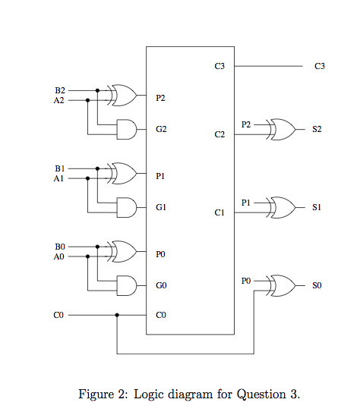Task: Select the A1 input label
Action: click(60, 179)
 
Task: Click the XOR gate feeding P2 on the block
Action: click(123, 95)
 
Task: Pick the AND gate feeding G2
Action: click(126, 130)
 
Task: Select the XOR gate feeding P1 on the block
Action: click(123, 174)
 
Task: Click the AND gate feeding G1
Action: click(126, 206)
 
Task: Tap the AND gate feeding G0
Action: click(126, 285)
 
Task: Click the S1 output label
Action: click(317, 207)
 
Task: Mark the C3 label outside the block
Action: click(319, 67)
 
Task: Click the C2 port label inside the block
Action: click(219, 135)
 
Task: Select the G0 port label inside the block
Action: click(160, 286)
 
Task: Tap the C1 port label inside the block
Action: click(219, 214)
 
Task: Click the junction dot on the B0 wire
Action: click(97, 247)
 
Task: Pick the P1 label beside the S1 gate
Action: click(245, 203)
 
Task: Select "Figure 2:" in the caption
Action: click(104, 394)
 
